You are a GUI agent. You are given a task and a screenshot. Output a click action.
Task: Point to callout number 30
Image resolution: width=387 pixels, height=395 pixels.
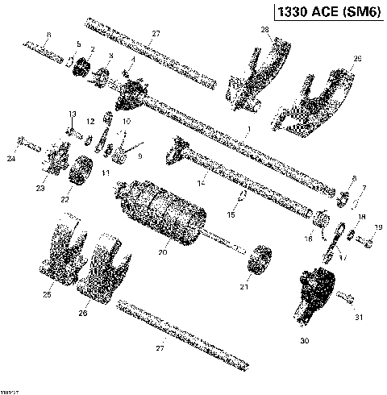(x=304, y=342)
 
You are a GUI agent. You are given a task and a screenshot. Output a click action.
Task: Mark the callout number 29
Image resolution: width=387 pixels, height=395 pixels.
(x=358, y=59)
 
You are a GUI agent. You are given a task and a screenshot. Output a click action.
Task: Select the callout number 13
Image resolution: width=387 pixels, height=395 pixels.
(x=72, y=114)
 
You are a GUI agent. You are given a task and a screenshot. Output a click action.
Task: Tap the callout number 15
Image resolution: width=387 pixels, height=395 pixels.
(x=231, y=216)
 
